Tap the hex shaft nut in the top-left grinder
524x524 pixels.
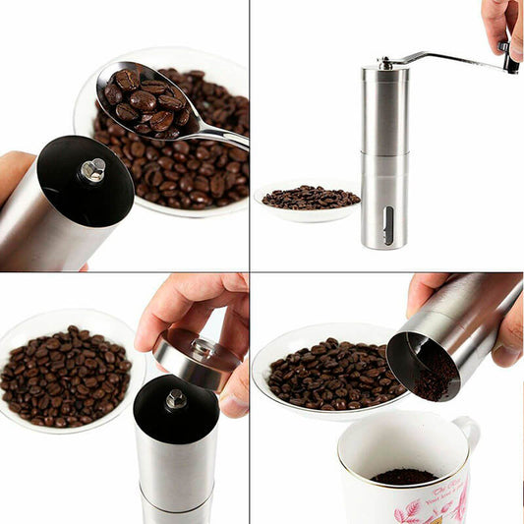[92, 170]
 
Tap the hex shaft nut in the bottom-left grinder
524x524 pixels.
[176, 399]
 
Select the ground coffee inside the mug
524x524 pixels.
[403, 477]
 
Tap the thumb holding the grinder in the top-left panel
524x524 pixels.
[14, 169]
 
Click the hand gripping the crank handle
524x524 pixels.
[501, 22]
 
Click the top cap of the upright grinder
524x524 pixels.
[384, 71]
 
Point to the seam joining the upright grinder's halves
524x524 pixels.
[384, 152]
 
